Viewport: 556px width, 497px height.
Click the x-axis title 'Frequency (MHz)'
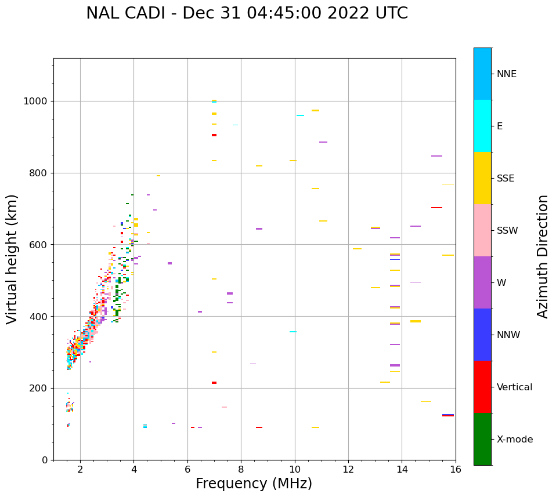point(254,484)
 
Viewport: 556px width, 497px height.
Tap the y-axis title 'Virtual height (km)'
point(12,259)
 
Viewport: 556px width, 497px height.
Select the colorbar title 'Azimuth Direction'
point(543,256)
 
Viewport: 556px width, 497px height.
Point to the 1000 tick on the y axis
point(37,101)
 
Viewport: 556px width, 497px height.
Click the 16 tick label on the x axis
point(456,469)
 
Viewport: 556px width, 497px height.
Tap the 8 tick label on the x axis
point(241,469)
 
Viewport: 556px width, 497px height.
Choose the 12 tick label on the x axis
point(348,469)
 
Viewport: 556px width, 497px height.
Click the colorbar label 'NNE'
point(506,74)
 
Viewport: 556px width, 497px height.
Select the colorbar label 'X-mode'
point(514,440)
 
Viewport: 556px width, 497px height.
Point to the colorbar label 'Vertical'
point(514,387)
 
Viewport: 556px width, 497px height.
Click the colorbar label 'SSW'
point(507,231)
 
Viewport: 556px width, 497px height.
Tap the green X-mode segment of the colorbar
point(482,439)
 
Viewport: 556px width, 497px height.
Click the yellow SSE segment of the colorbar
point(482,178)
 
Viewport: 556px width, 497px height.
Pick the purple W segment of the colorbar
point(482,282)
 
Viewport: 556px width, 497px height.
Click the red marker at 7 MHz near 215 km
point(214,383)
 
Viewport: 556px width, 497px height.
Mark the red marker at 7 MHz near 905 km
point(214,135)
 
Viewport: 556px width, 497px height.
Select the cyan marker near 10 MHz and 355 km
point(293,332)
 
